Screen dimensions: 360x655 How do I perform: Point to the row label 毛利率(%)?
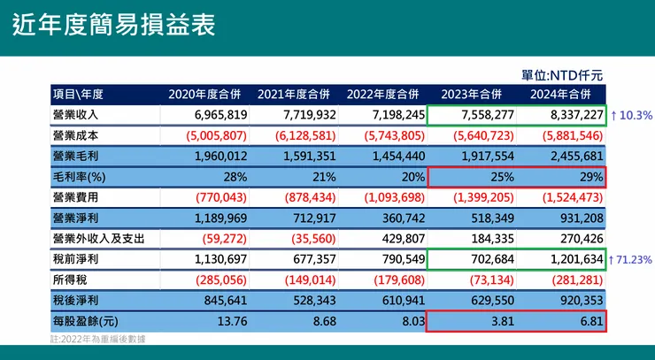click(79, 176)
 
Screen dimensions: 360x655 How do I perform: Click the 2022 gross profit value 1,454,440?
click(389, 156)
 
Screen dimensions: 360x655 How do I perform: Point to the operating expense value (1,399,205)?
click(476, 196)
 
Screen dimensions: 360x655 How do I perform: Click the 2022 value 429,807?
click(397, 238)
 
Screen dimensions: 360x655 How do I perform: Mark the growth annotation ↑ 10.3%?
click(631, 115)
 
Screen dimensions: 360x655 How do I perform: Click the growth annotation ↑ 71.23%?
click(632, 259)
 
